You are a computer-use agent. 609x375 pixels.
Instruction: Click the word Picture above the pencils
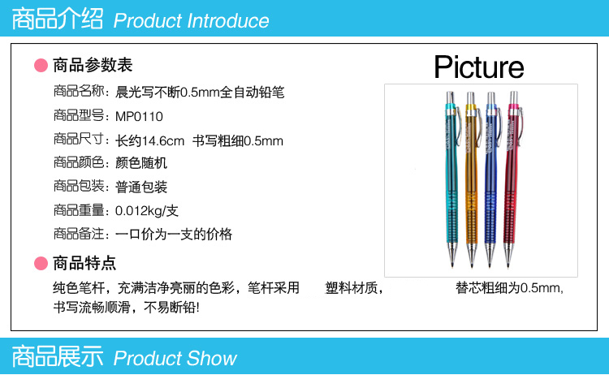[x=479, y=67]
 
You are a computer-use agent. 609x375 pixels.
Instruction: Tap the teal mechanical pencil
[x=451, y=179]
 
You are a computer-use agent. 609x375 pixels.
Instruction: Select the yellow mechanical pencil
[x=473, y=179]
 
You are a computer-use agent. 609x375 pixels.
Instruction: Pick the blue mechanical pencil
[x=492, y=179]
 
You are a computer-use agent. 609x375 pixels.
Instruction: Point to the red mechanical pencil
[x=512, y=179]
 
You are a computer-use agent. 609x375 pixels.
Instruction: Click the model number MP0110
[x=139, y=116]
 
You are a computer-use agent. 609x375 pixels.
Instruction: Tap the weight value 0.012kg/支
[x=147, y=211]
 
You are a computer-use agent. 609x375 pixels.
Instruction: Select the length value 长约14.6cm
[x=150, y=140]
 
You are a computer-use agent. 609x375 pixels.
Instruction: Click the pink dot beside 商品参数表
[x=41, y=65]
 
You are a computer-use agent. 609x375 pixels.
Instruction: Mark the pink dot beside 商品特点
[x=41, y=263]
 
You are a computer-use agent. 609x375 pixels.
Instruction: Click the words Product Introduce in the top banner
[x=191, y=20]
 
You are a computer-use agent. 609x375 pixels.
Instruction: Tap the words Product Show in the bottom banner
[x=175, y=358]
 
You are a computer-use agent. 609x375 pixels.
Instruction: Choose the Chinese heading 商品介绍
[x=58, y=19]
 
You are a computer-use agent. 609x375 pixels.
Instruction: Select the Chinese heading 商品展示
[x=58, y=356]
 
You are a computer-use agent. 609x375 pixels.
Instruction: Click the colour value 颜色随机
[x=141, y=162]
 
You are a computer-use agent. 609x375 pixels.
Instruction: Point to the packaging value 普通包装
[x=141, y=187]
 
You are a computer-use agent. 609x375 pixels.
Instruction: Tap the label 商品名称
[x=79, y=91]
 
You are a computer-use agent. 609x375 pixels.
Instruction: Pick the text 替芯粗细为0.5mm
[x=509, y=288]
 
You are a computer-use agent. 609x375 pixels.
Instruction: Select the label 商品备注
[x=79, y=234]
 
